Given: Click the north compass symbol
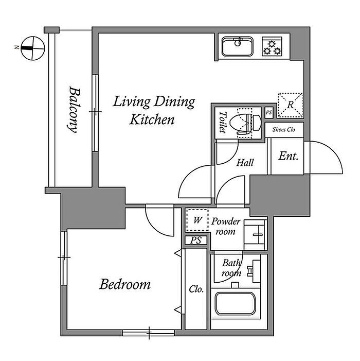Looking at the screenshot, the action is pos(33,48).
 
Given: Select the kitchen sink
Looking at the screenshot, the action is pos(238,46).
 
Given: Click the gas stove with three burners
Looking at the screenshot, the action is pos(272,46).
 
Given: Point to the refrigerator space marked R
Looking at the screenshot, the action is pos(290,105).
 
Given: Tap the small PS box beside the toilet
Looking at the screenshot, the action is pos(269,113).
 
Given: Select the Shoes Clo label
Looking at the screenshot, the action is pos(284,130).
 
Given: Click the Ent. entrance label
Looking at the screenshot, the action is pos(289,157).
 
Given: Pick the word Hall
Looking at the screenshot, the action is pos(245,163).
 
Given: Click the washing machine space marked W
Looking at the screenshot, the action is pos(197,220).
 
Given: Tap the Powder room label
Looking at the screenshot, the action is pos(226,226).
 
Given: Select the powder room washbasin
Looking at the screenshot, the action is pos(255,235).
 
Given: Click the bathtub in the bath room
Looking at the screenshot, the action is pos(236,304).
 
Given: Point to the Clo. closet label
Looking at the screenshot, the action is pos(196,289).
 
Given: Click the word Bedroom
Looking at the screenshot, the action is pos(125,284).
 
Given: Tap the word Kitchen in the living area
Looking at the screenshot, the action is pos(152,119).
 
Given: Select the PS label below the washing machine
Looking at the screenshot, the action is pos(196,240).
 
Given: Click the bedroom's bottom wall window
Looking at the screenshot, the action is pos(149,333).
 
